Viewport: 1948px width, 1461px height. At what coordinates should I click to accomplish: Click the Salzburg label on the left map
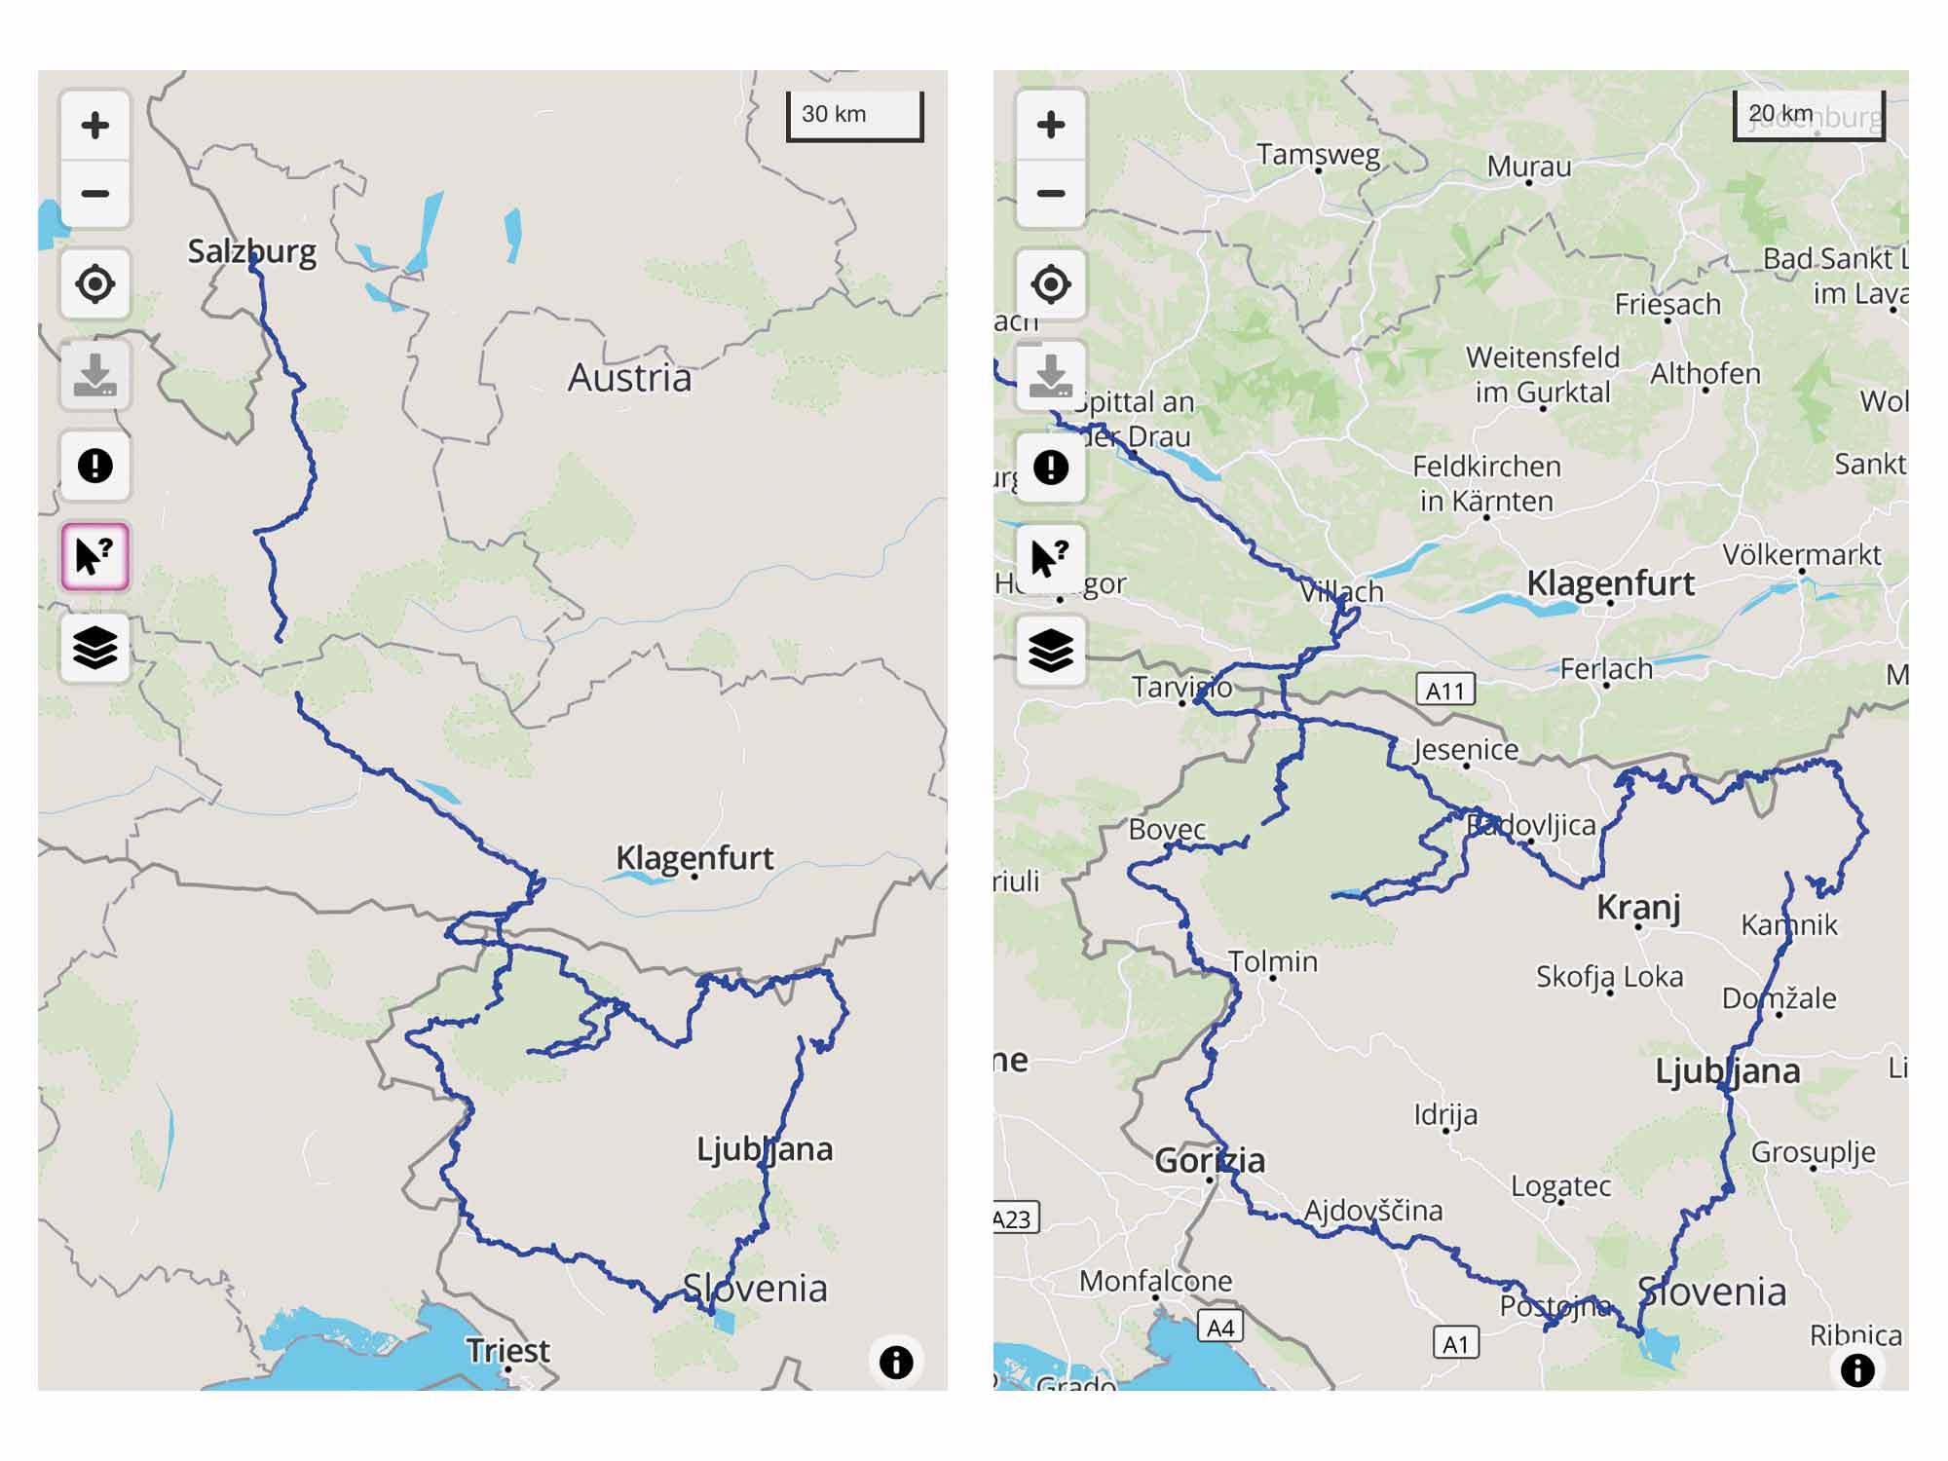coord(251,251)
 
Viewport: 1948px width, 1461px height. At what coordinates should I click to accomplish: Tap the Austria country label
coord(629,378)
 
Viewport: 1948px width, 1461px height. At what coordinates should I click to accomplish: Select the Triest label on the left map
coord(507,1350)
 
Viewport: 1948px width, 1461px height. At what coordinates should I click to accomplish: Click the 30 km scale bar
coord(854,116)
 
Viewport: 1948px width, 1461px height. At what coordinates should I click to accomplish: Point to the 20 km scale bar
coord(1808,116)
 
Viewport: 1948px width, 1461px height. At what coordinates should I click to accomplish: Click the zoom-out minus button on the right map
coord(1050,193)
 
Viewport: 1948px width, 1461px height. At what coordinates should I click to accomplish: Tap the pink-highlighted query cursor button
coord(94,557)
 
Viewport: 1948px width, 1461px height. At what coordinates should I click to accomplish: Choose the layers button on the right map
coord(1050,650)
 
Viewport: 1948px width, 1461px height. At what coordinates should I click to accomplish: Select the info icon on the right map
coord(1856,1369)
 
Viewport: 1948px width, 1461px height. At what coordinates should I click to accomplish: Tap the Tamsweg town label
coord(1318,155)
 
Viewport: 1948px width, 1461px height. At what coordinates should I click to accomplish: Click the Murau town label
coord(1528,167)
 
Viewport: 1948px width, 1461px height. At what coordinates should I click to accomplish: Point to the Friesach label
coord(1667,304)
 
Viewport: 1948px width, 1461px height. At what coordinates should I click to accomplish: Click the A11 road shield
coord(1445,691)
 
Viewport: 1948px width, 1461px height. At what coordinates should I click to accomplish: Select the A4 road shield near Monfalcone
coord(1220,1327)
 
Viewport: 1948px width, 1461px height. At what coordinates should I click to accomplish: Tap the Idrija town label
coord(1445,1113)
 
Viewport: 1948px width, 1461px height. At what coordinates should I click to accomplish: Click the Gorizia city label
coord(1210,1160)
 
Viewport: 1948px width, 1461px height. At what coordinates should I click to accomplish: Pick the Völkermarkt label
coord(1801,554)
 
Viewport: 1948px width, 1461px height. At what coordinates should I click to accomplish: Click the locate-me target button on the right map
coord(1050,284)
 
